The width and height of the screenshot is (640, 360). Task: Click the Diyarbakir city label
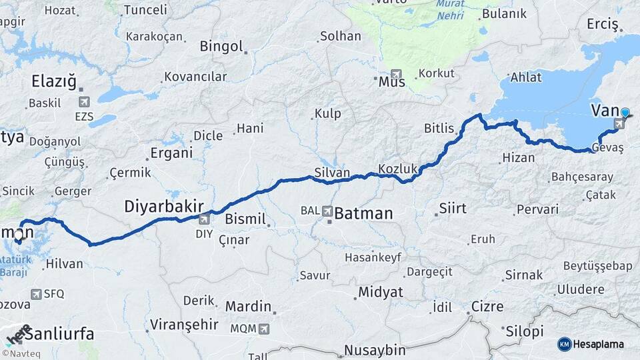pos(164,207)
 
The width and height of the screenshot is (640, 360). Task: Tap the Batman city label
pos(363,213)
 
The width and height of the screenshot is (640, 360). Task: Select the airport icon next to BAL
pos(327,211)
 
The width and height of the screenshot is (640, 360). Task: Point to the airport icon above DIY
pos(204,218)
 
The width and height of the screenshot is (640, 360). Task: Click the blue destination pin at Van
pos(625,113)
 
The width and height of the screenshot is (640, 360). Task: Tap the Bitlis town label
pos(439,128)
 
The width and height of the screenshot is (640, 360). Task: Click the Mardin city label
pos(248,307)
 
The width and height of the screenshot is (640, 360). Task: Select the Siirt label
pos(453,209)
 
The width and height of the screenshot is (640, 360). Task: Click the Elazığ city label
pos(54,81)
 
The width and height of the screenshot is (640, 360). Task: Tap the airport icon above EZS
pos(84,102)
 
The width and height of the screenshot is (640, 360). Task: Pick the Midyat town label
pos(381,292)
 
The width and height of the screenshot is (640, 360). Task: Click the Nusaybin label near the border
pos(375,350)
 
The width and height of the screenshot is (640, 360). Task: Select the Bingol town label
pos(221,47)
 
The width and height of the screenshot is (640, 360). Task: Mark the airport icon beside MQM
pos(265,329)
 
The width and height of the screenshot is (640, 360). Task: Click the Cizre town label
pos(487,307)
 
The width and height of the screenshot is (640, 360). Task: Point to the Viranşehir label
pos(184,325)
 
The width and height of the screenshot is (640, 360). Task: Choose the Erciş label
pos(603,24)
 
